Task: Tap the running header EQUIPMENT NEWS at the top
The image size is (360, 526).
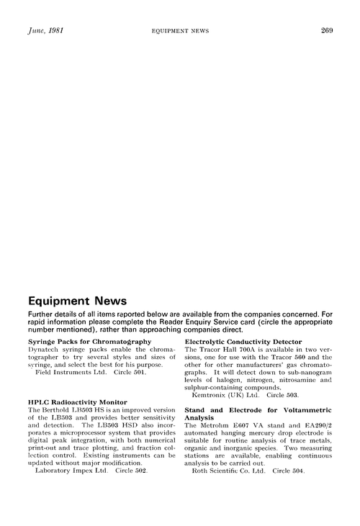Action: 179,30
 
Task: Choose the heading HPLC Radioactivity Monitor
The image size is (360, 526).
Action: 77,402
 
